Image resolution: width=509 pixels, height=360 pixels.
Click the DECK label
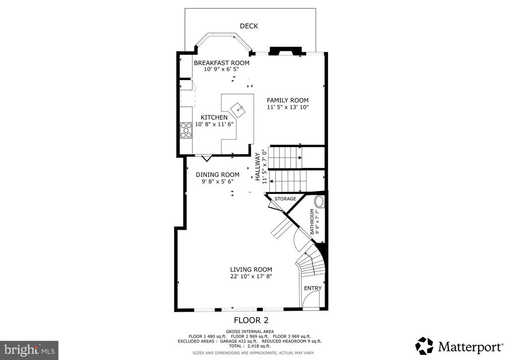[x=249, y=26]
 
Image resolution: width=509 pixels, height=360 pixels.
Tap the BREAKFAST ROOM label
[x=221, y=63]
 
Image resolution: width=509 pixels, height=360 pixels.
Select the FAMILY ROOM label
[x=288, y=100]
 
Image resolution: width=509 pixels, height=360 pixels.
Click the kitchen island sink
[x=239, y=109]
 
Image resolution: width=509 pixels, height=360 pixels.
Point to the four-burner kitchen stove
[x=186, y=130]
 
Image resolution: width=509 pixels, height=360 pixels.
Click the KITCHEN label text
[x=214, y=117]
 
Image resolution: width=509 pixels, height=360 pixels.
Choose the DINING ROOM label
[x=218, y=175]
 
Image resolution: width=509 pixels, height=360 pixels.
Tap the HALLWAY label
[x=258, y=167]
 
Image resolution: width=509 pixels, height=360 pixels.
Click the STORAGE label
[x=285, y=199]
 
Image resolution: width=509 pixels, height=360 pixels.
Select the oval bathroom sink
[x=320, y=201]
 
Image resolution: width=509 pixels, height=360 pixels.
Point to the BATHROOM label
[x=312, y=222]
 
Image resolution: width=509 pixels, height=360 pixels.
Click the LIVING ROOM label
[x=251, y=270]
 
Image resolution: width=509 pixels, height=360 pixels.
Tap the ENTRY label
[x=313, y=288]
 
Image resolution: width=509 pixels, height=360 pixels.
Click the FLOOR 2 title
[x=251, y=320]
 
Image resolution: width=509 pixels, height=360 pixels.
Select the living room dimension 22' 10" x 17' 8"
[x=251, y=276]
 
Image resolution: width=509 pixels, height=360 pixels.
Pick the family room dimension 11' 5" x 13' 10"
[x=288, y=107]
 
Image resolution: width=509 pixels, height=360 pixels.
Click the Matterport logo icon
[x=424, y=346]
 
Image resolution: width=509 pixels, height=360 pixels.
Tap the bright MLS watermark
[x=29, y=350]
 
